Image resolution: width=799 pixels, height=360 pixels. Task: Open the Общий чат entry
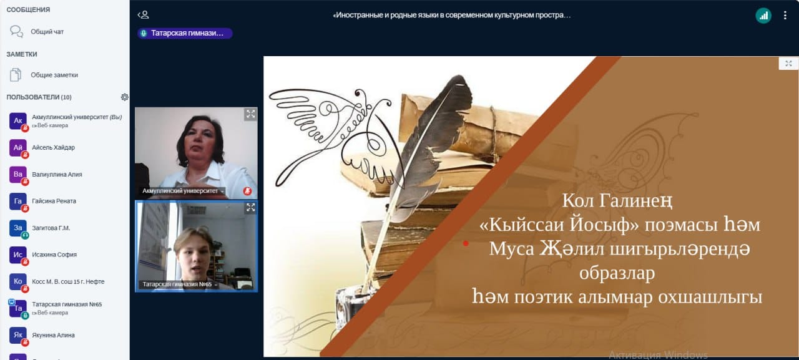tap(47, 32)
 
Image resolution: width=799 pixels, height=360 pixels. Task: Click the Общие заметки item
tap(54, 75)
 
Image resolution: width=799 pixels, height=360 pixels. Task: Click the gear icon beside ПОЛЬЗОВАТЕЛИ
tap(124, 97)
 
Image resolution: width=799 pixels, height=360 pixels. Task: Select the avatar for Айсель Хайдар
tap(18, 148)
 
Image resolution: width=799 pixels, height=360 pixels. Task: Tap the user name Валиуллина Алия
tap(57, 174)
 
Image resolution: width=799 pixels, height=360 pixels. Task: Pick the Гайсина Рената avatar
tap(18, 202)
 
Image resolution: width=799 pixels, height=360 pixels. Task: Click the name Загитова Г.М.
tap(51, 228)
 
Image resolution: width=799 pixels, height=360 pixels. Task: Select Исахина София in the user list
tap(54, 255)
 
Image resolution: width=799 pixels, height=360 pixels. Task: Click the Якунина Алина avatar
tap(18, 335)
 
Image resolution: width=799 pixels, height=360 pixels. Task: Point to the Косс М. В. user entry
tap(68, 281)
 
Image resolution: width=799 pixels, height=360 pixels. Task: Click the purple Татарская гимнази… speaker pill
tap(185, 33)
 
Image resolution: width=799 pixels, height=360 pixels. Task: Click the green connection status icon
tap(763, 16)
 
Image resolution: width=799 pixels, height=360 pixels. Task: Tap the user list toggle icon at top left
tap(144, 14)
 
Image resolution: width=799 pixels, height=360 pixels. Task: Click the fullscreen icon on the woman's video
tap(251, 114)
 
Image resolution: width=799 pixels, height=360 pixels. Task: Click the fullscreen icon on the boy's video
tap(251, 207)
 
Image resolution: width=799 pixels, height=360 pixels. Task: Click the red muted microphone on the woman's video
tap(248, 191)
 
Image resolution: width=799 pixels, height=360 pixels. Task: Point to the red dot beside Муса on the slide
tap(466, 243)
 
